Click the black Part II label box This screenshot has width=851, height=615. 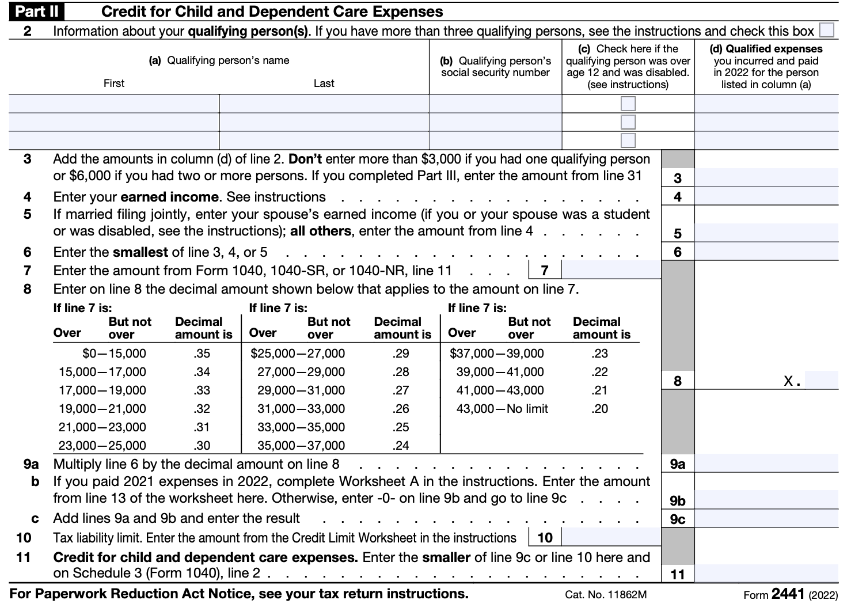36,12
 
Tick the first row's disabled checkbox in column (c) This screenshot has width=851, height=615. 628,104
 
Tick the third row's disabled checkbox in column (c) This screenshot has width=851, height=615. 628,141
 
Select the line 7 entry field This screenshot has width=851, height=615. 610,269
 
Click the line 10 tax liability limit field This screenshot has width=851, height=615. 610,537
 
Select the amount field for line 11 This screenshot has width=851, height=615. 766,574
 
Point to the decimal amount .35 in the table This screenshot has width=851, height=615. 202,354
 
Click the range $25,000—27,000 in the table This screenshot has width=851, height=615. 298,354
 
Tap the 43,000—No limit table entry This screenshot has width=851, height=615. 502,409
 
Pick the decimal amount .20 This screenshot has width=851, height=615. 599,409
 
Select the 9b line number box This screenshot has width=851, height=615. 678,500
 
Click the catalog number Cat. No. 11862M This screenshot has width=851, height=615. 606,595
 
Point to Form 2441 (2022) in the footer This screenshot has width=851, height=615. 790,594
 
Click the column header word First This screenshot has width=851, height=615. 113,83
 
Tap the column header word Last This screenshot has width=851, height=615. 324,83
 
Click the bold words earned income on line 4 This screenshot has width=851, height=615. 169,197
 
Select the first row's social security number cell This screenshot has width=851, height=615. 495,104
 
